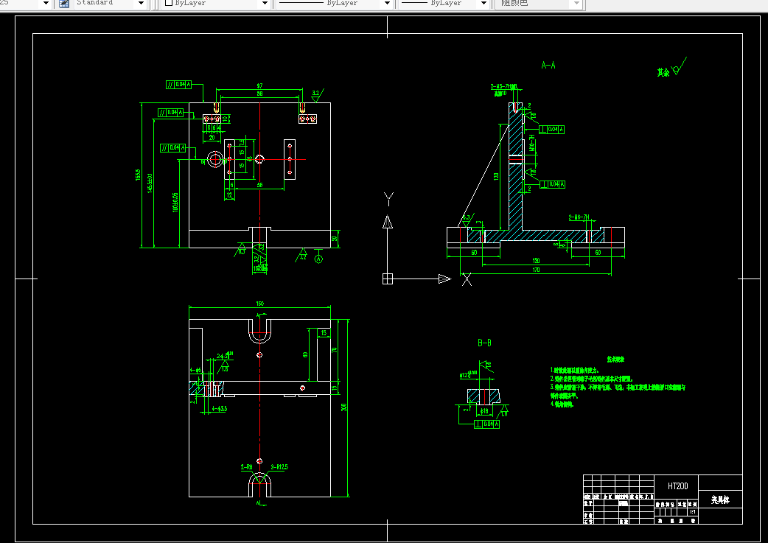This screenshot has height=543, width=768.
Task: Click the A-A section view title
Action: (x=548, y=66)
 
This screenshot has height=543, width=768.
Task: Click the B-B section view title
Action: (x=484, y=343)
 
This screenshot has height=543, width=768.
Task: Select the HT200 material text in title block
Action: (x=677, y=486)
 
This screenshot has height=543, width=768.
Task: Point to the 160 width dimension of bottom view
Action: (x=259, y=303)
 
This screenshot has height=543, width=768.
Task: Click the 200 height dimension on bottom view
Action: (x=344, y=407)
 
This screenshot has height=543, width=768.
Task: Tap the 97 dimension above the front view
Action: (x=259, y=86)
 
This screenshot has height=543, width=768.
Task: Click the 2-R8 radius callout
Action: (x=246, y=467)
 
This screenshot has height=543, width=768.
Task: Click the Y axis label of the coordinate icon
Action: (x=388, y=197)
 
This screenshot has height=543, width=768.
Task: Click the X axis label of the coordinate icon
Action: (x=467, y=280)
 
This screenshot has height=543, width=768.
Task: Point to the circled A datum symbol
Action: (x=318, y=259)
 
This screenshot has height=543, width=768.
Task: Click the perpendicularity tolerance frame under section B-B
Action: (x=486, y=424)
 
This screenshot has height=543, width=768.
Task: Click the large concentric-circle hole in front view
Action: (x=215, y=158)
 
